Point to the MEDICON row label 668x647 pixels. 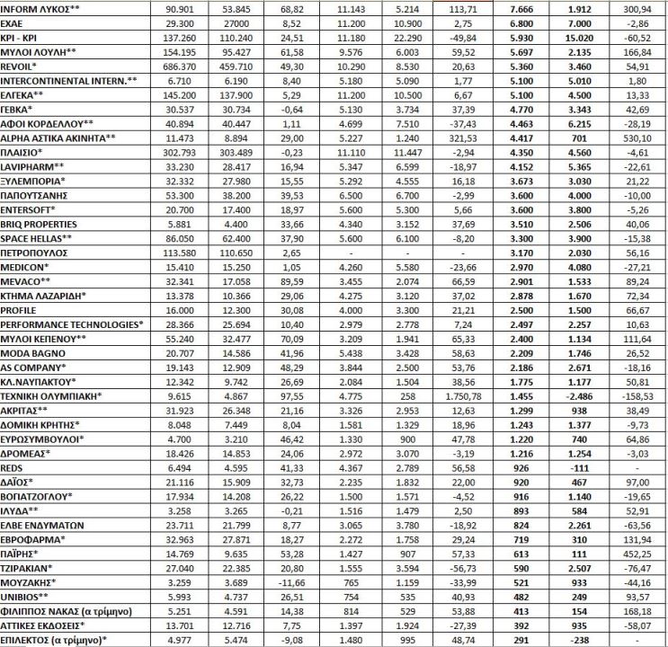click(24, 268)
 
